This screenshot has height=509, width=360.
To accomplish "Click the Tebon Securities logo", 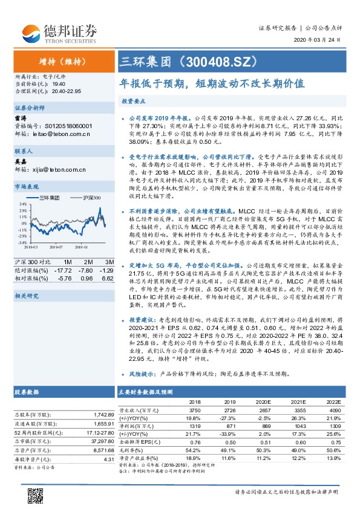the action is pos(60,31).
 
